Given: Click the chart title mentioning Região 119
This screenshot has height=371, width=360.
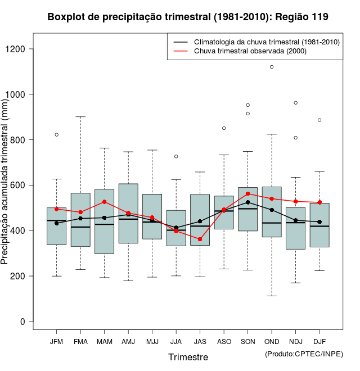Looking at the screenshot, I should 188,17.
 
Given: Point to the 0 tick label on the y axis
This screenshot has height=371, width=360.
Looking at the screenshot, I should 22,322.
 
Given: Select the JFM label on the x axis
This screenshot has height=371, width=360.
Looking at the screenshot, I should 56,342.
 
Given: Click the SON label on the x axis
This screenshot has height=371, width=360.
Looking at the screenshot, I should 247,342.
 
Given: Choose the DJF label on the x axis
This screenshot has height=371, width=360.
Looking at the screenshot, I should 319,342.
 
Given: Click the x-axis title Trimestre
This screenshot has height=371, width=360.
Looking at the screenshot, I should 188,357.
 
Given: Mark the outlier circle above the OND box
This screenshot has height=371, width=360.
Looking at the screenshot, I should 272,67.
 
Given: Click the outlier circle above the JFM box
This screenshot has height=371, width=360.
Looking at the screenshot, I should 57,135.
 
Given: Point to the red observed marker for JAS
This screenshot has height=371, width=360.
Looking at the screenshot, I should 200,239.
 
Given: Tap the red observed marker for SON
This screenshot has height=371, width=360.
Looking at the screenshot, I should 247,194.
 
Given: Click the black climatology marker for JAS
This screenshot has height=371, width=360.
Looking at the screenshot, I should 200,221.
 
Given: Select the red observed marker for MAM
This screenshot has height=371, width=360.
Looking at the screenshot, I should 105,202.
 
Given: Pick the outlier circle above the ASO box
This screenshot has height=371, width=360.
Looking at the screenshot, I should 224,128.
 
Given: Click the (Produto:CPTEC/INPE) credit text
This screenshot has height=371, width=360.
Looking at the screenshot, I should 304,354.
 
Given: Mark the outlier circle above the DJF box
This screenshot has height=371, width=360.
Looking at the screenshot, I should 319,120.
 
